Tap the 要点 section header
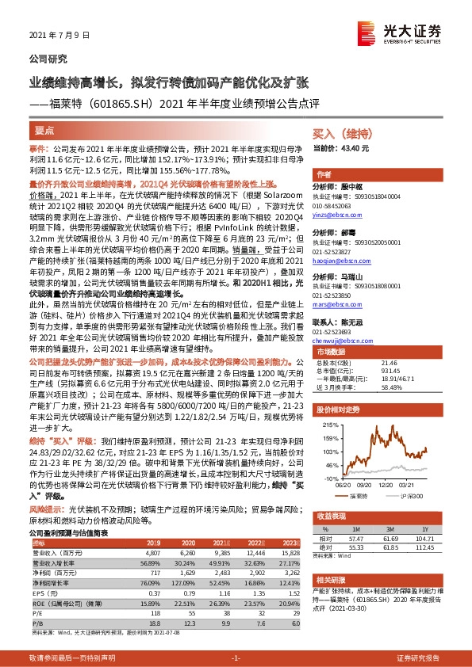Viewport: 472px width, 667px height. click(x=44, y=130)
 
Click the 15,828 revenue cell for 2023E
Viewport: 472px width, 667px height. click(x=290, y=552)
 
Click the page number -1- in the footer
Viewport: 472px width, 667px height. click(x=236, y=658)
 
